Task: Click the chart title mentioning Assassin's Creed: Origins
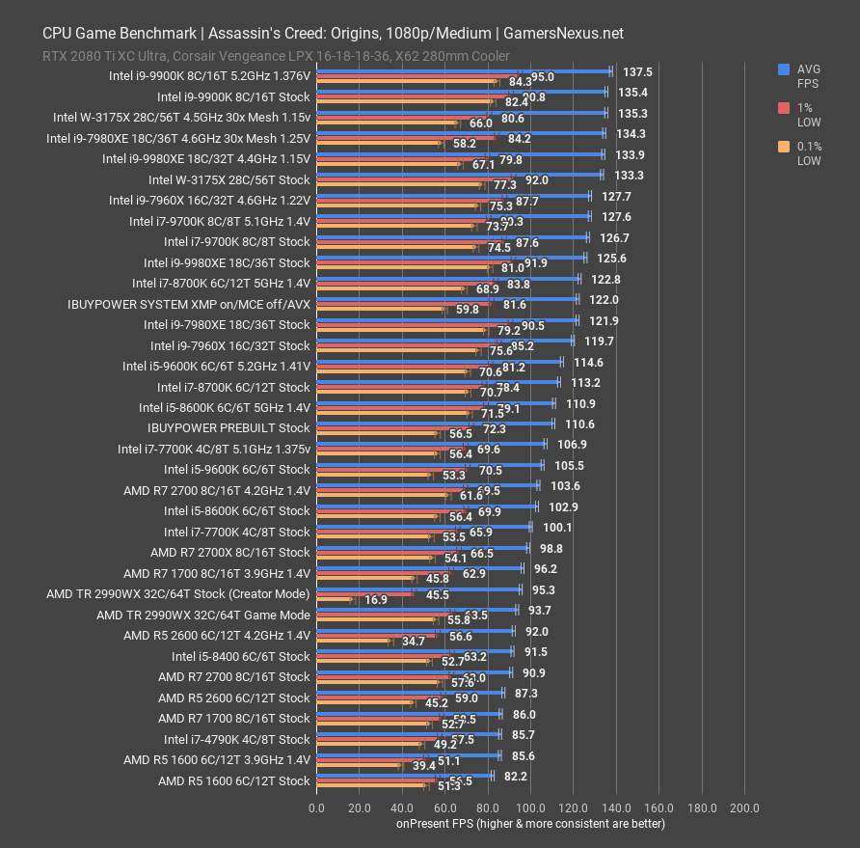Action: tap(333, 33)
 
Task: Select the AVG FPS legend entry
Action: tap(808, 76)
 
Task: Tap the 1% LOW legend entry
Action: tap(808, 116)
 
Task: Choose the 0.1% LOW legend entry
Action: tap(808, 154)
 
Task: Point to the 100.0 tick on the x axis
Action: tap(531, 808)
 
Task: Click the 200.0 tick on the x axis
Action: tap(745, 808)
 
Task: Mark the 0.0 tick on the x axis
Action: tap(316, 808)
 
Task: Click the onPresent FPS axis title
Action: tap(530, 824)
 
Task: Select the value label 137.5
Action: tap(637, 71)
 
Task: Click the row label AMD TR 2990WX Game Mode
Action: tap(203, 615)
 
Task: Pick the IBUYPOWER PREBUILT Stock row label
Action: tap(228, 427)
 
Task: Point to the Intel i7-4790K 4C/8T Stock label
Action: tap(237, 739)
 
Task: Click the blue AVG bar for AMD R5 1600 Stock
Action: tap(404, 775)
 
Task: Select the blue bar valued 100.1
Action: tap(423, 527)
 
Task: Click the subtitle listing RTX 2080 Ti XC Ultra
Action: tap(276, 56)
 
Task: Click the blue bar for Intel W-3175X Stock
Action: tap(459, 175)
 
